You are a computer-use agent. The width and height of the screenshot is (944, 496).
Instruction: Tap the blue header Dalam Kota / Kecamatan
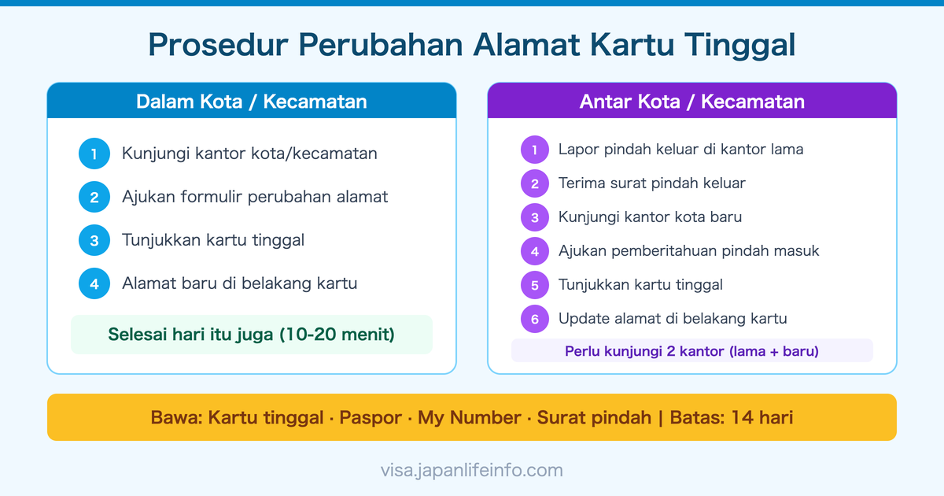251,102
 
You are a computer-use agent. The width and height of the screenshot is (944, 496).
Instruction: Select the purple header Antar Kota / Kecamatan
691,102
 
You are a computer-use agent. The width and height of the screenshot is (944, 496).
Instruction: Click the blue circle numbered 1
94,154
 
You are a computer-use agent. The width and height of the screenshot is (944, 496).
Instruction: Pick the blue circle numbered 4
94,283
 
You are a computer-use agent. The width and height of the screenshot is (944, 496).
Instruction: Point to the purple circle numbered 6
535,319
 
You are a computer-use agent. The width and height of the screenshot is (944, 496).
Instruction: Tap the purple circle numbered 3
535,217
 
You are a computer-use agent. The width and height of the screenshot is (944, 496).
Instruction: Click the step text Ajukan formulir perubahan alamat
255,197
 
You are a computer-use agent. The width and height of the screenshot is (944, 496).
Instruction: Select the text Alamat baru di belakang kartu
239,283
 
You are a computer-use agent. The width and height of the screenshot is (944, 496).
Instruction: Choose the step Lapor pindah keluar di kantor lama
680,149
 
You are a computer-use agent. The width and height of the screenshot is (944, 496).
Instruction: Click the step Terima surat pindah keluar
651,183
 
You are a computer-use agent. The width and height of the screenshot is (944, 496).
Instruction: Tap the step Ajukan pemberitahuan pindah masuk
688,251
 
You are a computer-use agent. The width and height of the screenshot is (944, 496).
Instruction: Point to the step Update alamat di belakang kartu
673,319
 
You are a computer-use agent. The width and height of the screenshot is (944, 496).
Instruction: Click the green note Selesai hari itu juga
251,335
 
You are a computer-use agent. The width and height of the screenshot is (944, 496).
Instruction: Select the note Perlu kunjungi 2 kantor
691,351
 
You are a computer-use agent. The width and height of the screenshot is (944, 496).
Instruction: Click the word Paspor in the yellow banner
371,417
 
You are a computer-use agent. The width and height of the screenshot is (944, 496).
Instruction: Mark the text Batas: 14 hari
731,417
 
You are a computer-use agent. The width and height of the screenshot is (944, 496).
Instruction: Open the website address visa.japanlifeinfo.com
471,471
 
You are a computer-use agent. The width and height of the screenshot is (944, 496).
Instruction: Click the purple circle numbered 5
535,285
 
